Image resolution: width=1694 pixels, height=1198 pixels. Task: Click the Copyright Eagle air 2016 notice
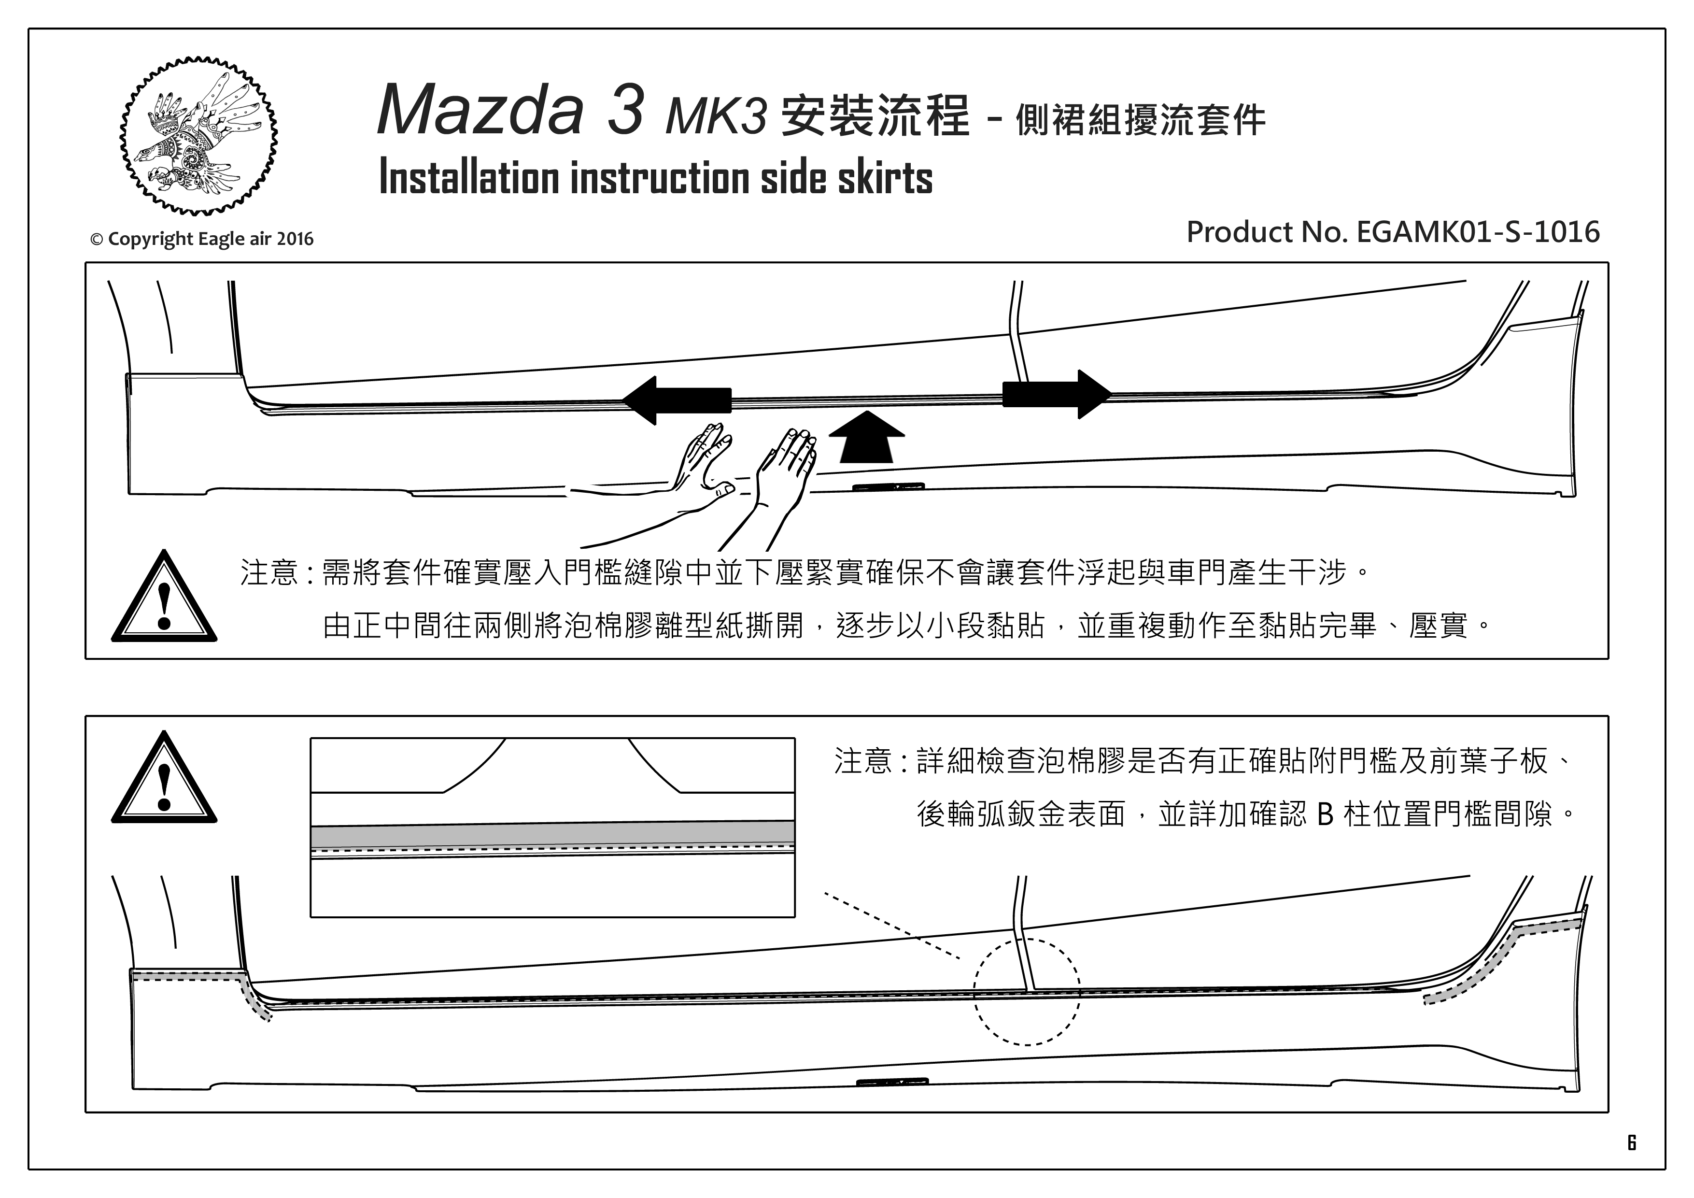pos(201,239)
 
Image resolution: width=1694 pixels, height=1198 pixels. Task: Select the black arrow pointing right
pos(1057,394)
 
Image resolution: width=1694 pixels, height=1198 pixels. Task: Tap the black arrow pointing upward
pos(866,437)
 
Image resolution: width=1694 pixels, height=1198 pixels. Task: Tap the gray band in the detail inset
pos(552,833)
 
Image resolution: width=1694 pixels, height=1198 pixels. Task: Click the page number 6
pos(1631,1142)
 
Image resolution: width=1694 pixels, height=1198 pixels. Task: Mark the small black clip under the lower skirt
pos(892,1082)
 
